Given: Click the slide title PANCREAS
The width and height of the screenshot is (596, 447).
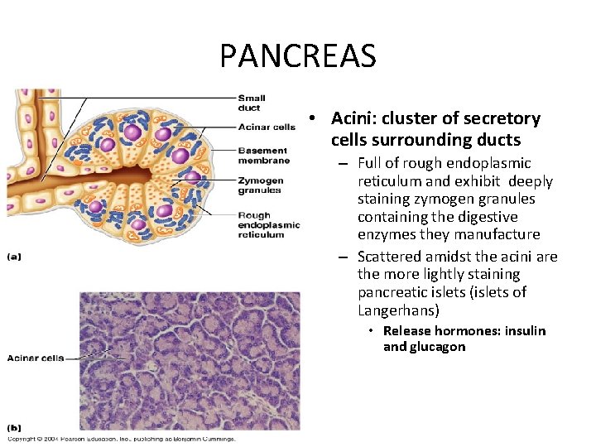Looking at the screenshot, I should (298, 56).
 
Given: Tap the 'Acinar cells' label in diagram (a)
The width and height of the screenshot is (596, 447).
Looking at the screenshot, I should (266, 127).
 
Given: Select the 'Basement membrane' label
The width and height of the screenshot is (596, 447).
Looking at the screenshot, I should (262, 155).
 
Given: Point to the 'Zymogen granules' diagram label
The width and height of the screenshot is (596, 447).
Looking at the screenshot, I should (260, 185).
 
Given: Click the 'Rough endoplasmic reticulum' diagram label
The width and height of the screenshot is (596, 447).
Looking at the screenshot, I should (268, 225).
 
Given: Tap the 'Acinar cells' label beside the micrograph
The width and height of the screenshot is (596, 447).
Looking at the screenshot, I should (35, 358).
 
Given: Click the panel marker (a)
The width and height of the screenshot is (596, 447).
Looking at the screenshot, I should (14, 257).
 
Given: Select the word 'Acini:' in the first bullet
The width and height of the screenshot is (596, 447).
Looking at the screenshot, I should (354, 118).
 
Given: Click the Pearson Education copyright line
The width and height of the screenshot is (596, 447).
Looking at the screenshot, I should (122, 440).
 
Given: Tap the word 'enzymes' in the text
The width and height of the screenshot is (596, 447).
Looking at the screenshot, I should (385, 235).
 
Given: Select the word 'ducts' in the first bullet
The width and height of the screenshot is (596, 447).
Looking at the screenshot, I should (497, 140).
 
